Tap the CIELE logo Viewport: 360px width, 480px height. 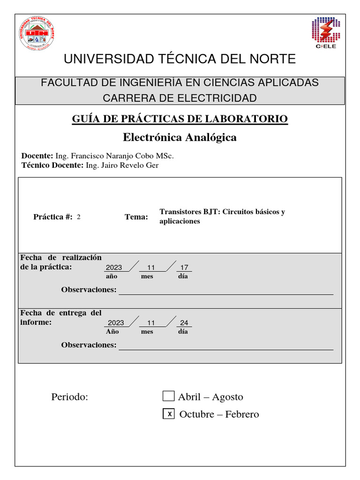click(325, 33)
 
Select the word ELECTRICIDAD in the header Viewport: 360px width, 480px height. click(219, 98)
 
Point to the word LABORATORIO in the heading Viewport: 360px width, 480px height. click(244, 119)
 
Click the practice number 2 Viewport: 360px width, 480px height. click(79, 217)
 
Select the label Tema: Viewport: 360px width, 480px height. click(136, 217)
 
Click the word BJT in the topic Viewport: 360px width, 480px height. click(211, 211)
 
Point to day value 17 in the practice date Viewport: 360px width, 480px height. click(184, 268)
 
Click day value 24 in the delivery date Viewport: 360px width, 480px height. click(184, 323)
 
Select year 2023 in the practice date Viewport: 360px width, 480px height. click(114, 268)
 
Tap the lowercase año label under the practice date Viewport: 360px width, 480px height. click(112, 276)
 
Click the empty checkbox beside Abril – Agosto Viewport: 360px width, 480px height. click(168, 396)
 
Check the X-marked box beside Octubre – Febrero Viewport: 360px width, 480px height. click(169, 413)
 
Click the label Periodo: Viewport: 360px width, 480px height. click(70, 397)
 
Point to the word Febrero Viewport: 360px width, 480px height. click(242, 414)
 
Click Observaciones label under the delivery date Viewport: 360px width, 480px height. click(89, 345)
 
